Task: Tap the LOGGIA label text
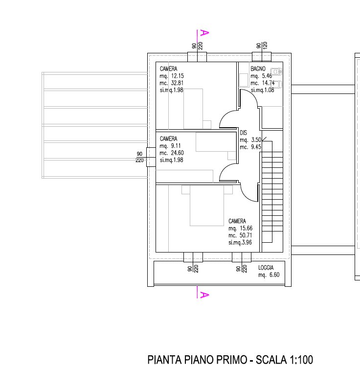point(266,268)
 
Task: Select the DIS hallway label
point(243,133)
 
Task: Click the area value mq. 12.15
point(172,76)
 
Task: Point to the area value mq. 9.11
point(171,146)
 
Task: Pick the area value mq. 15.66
point(240,229)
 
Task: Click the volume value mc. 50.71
point(240,235)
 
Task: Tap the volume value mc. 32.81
point(172,83)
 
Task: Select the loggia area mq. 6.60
point(269,275)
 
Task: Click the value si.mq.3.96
point(240,242)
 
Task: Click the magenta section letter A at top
point(205,33)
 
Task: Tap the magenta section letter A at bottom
point(205,295)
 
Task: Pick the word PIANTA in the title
point(164,361)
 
